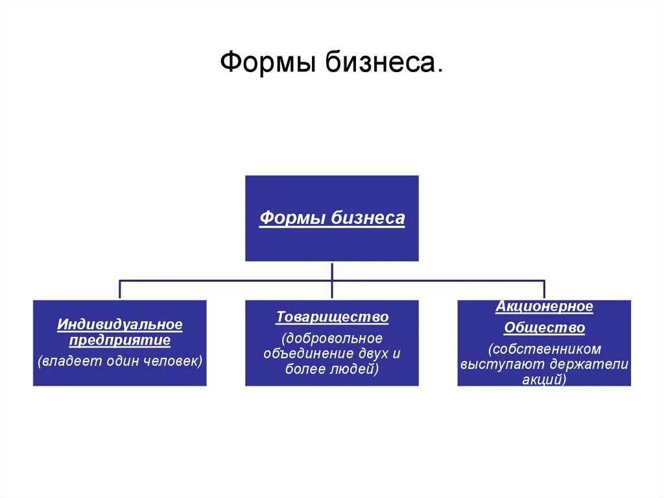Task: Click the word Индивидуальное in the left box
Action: [120, 323]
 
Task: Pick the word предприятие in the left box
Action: [120, 340]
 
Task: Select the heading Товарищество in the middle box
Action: [332, 317]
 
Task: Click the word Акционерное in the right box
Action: [544, 306]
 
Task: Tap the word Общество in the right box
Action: [544, 328]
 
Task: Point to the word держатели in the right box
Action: [595, 364]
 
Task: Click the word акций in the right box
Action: [543, 380]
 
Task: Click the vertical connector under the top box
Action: [332, 271]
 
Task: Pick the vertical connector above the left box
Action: [119, 290]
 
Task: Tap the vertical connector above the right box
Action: [544, 290]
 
